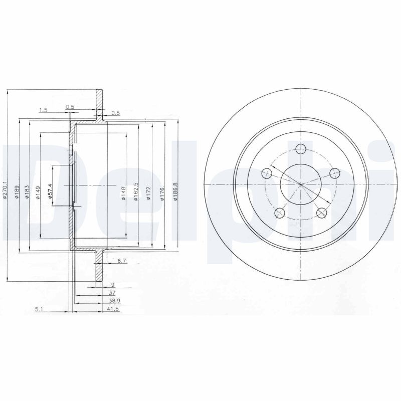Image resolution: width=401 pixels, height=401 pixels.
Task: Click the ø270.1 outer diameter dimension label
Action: (x=5, y=191)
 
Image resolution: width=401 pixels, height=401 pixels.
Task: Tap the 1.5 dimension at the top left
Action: (x=43, y=110)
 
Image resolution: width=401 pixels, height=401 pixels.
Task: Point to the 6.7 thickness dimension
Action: (x=121, y=261)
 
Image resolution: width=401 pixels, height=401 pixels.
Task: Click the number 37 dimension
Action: (x=112, y=293)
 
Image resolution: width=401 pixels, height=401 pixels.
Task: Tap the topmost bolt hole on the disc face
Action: (x=301, y=149)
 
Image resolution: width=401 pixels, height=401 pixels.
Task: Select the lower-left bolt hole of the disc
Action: (x=279, y=214)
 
